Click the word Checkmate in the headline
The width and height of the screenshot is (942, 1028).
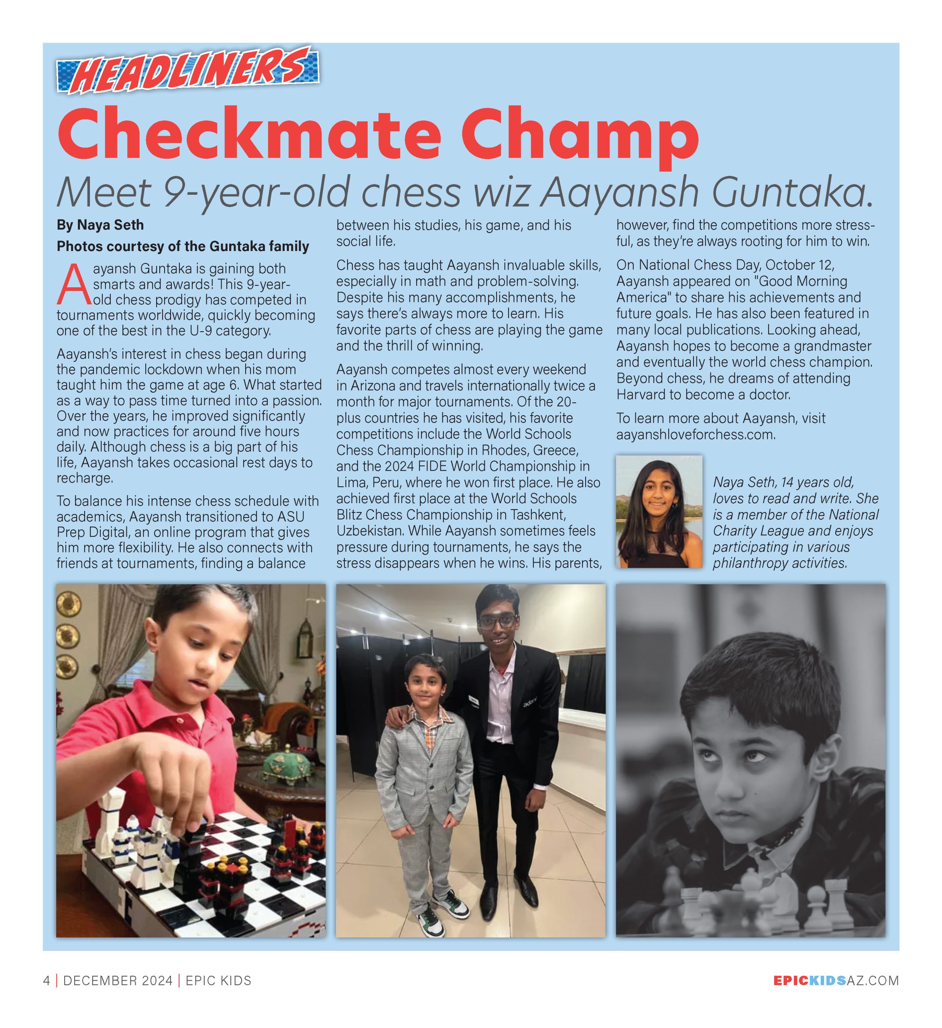[x=249, y=134]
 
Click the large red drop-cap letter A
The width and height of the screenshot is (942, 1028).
[x=73, y=285]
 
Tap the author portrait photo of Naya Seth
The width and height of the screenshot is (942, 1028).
[x=659, y=512]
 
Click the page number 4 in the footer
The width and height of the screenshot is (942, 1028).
[x=47, y=981]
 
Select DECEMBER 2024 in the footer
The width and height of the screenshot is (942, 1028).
[x=118, y=981]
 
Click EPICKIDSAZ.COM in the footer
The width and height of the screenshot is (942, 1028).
[x=836, y=981]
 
